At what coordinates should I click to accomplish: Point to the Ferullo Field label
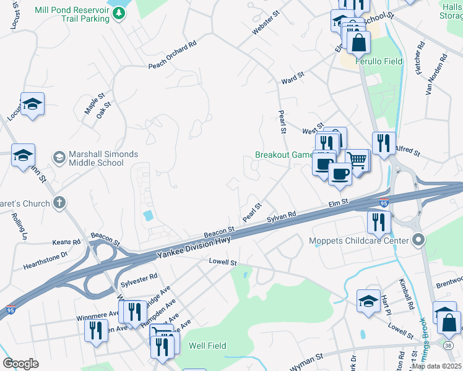pos(379,61)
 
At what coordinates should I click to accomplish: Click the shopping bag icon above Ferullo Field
pos(359,43)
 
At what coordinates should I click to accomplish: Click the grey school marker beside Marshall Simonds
pos(59,157)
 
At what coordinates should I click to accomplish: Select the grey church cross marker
pos(59,202)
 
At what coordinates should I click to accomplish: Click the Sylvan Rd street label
pos(282,217)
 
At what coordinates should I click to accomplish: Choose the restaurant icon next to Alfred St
pos(384,144)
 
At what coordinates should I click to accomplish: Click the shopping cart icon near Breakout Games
pos(357,161)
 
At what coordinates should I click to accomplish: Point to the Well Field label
pos(207,346)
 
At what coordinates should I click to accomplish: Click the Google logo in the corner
pos(20,363)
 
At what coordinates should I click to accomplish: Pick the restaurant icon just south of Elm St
pos(378,223)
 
